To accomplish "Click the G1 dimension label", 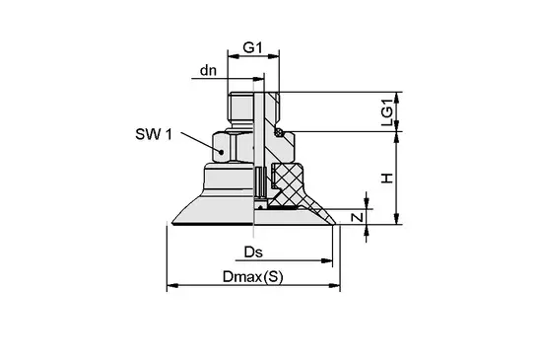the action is pos(253,47).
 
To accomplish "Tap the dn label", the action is pos(208,70).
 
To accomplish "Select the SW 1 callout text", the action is pos(154,134).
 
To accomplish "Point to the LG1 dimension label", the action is pos(387,112).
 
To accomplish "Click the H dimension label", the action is pos(387,179).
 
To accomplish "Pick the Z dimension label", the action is pos(358,217).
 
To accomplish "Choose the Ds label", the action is pos(253,252).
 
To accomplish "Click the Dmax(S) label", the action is pos(253,276).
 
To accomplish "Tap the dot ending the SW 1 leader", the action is pos(222,152).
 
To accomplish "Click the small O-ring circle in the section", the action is pos(280,131).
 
